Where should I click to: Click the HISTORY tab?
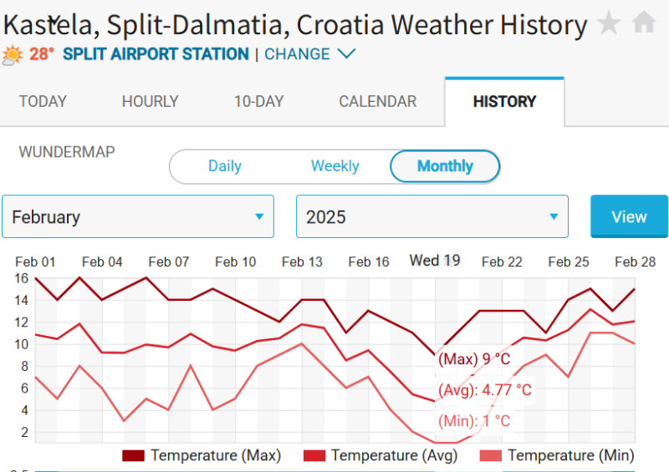(x=504, y=102)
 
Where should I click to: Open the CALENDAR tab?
(x=377, y=102)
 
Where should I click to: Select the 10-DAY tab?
(x=258, y=102)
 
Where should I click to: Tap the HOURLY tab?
(x=150, y=102)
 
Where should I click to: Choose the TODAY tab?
(x=43, y=102)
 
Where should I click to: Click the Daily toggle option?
(x=225, y=166)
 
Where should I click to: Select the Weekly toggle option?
(x=334, y=166)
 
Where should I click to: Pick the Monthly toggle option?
(x=445, y=166)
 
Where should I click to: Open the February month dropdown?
(x=138, y=217)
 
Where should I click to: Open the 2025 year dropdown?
(x=432, y=217)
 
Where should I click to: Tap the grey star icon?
(x=609, y=23)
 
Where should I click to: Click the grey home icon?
(x=644, y=23)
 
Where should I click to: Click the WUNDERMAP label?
(x=67, y=152)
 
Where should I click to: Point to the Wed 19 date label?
(x=435, y=261)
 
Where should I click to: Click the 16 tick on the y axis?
(x=21, y=278)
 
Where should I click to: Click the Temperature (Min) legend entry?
(x=558, y=455)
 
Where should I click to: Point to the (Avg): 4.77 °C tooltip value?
(x=485, y=390)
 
